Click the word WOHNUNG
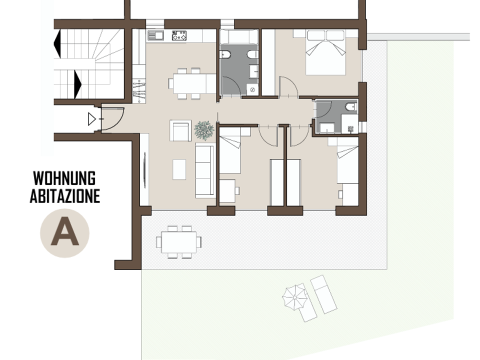click(x=64, y=178)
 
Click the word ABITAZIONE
click(x=65, y=196)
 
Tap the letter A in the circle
click(x=64, y=231)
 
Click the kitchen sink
click(x=156, y=35)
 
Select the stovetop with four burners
click(x=179, y=35)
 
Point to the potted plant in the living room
click(x=204, y=130)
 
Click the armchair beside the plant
click(x=180, y=130)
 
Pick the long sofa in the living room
click(x=205, y=170)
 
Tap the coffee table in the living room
click(x=179, y=169)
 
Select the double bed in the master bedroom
click(x=325, y=52)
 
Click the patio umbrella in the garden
click(x=294, y=297)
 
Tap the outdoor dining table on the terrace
click(x=179, y=242)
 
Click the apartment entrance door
click(x=112, y=119)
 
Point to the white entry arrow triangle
click(x=91, y=119)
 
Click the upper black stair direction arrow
click(x=57, y=44)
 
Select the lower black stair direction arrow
click(x=78, y=84)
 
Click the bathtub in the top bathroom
click(x=239, y=37)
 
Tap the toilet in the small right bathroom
click(x=351, y=107)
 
